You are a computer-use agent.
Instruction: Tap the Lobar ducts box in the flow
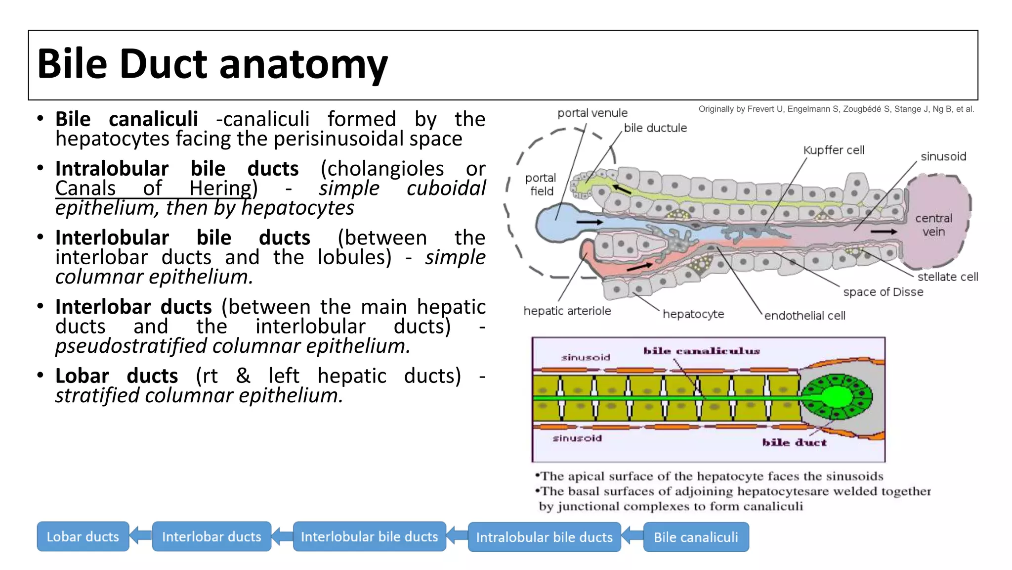pos(83,536)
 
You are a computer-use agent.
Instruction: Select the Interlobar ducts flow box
pos(211,536)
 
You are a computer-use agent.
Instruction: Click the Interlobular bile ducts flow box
pos(369,536)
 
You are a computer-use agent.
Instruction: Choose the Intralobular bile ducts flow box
pos(544,537)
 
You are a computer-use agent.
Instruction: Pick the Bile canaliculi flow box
pos(696,537)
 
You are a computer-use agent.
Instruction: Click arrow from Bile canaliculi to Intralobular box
pos(632,536)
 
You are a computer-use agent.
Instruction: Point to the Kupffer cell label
pos(834,150)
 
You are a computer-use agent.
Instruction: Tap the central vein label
pos(933,225)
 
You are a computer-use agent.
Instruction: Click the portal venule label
pos(592,113)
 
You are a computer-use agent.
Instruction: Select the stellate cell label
pos(947,277)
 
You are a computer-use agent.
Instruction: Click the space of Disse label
pos(883,292)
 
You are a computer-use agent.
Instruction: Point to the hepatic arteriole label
pos(567,311)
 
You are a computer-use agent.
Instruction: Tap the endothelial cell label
pos(804,315)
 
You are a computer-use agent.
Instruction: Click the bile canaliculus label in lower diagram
pos(701,351)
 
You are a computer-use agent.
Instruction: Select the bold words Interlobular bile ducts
pos(182,237)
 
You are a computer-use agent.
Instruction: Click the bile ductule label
pos(655,128)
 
